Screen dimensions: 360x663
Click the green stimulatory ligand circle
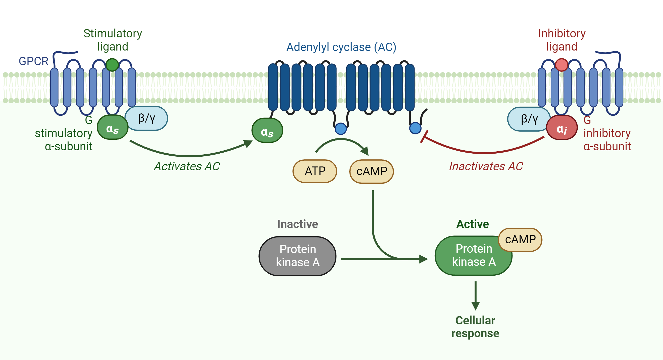112,65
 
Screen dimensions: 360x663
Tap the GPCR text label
33,61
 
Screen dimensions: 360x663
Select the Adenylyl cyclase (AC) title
341,47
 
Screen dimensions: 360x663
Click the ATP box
315,171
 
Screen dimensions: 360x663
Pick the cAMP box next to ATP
371,171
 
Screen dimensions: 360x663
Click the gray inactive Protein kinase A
298,256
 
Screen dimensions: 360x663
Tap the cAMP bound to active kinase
520,239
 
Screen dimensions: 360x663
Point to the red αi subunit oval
562,128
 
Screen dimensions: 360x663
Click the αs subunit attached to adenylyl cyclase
267,131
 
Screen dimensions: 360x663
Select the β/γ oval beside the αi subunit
529,119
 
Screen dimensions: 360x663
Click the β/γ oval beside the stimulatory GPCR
146,118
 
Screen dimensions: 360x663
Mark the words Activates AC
187,166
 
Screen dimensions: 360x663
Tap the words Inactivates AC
486,166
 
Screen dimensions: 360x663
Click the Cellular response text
475,327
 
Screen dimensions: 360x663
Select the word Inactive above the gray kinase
297,224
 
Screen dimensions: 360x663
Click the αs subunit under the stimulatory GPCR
112,128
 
